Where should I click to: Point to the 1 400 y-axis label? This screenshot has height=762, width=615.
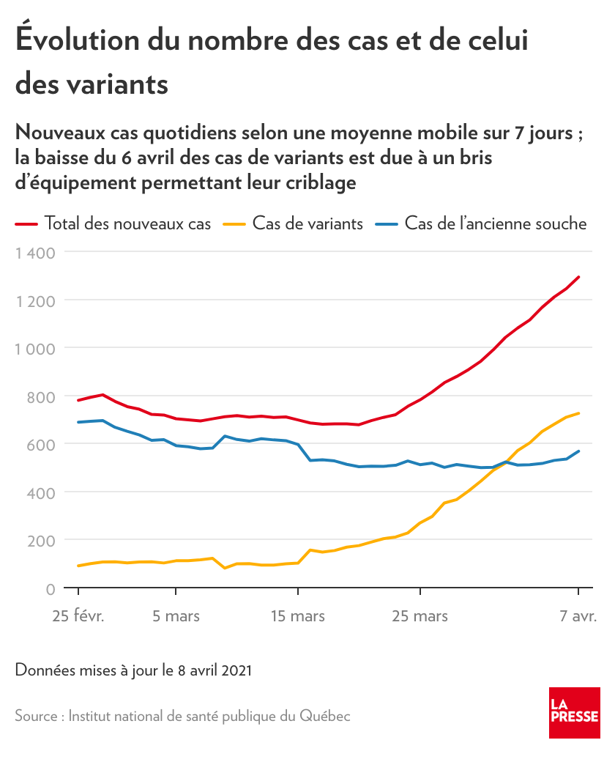click(35, 254)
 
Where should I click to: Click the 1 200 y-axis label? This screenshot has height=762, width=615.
click(35, 301)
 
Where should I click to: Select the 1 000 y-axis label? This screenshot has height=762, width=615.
click(35, 349)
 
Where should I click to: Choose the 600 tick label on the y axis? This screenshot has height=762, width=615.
click(40, 445)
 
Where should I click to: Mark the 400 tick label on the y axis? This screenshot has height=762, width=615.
click(40, 493)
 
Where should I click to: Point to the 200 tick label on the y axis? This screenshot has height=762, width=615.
click(40, 541)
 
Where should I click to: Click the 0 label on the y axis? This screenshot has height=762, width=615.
click(51, 589)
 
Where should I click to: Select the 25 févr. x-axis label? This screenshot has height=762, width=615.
click(78, 616)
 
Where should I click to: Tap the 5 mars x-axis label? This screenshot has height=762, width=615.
click(176, 616)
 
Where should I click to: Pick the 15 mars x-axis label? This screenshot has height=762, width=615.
click(298, 616)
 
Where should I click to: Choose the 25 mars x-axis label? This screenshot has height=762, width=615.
click(420, 616)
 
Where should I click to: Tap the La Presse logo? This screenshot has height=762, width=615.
click(575, 713)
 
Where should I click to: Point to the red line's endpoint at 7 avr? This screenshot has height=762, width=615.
click(578, 277)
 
